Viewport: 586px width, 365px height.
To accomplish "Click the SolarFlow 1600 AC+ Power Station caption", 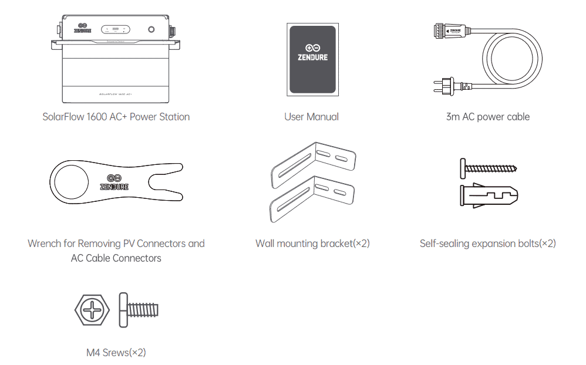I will click(x=116, y=117).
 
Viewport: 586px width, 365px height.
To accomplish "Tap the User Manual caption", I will click(x=311, y=117).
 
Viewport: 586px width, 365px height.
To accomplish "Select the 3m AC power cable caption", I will click(x=487, y=117).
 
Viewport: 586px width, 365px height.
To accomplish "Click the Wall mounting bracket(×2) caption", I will click(x=312, y=244).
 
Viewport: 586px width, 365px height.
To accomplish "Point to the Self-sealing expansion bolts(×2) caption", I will click(x=487, y=244).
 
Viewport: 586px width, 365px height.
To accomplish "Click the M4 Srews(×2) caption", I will click(x=116, y=353).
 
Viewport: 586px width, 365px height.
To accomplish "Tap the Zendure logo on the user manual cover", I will click(x=312, y=52).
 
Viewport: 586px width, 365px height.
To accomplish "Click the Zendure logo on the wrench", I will click(x=114, y=182).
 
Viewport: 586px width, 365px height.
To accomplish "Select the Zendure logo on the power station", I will click(x=83, y=28).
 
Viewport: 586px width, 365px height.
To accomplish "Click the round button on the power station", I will click(x=152, y=29).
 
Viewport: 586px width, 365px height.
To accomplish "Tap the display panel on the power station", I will click(x=116, y=29).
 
